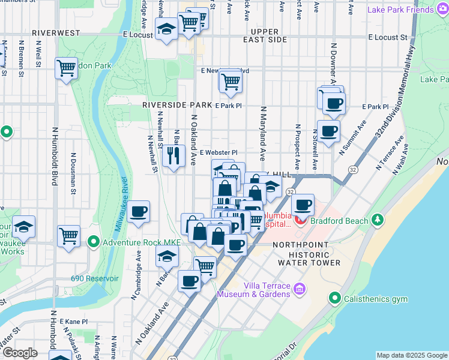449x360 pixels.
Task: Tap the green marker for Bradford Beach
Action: (378, 220)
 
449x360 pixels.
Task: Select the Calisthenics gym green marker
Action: (335, 298)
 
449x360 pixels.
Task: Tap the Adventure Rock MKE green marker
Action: (94, 242)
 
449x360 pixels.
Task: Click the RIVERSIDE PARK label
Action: (177, 104)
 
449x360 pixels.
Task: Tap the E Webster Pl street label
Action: (218, 153)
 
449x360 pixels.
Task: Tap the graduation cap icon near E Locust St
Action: (166, 28)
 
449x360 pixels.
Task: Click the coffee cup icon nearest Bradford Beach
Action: (303, 205)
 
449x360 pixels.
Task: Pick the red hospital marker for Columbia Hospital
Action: (300, 220)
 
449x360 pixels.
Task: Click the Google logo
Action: (20, 353)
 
